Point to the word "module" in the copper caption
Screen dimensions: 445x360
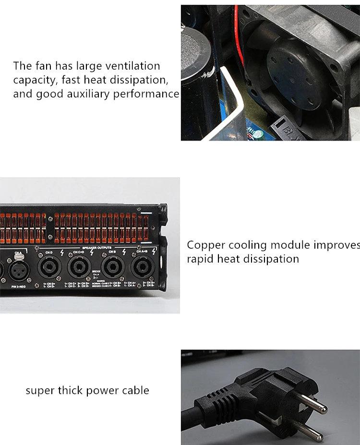click(290, 245)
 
